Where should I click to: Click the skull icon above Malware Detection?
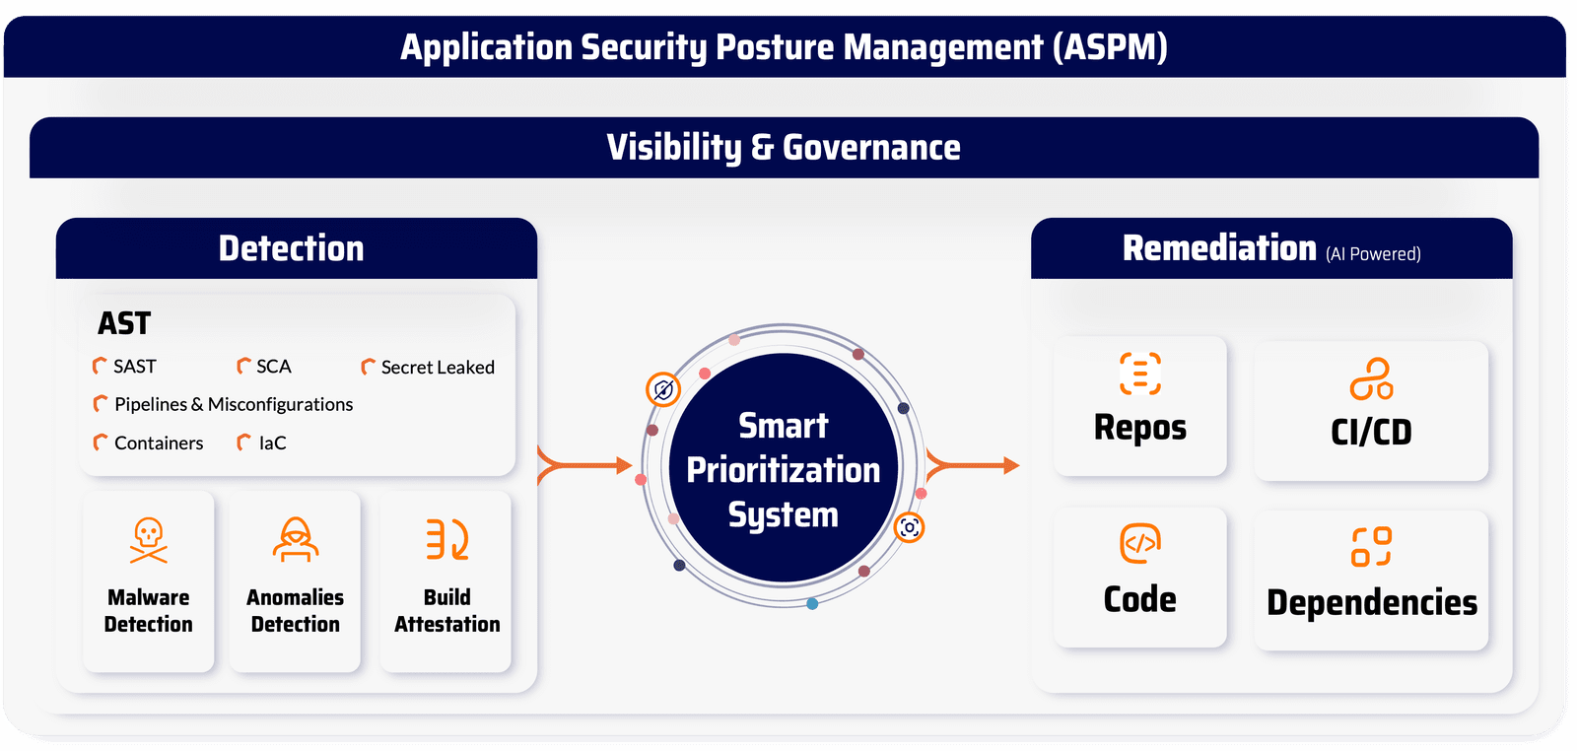pos(149,540)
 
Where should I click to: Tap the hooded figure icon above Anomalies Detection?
pos(295,539)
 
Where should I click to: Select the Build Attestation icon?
pos(447,539)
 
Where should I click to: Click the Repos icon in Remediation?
pos(1139,374)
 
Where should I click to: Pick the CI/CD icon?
pos(1371,378)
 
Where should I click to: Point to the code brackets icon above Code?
pos(1139,543)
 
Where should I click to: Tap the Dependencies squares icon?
pos(1371,546)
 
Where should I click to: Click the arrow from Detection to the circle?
pos(584,465)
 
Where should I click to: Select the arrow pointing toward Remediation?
pos(973,465)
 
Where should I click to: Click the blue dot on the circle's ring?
pos(812,603)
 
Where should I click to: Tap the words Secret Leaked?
pos(438,367)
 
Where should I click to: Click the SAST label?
pos(135,366)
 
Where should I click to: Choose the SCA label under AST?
pos(274,366)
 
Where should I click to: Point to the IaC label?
pos(272,443)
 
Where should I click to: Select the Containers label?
pos(159,443)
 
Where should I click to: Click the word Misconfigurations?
pos(280,404)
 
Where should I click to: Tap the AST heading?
pos(124,323)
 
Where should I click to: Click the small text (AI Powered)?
pos(1373,253)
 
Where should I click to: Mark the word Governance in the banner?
pos(871,148)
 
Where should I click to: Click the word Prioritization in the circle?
pos(783,470)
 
